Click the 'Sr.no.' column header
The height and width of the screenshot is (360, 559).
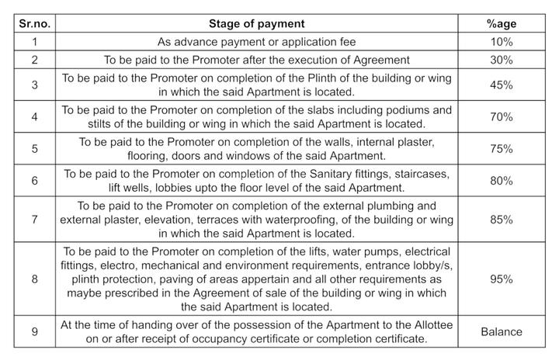(x=34, y=24)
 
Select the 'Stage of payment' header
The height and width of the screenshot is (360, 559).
(x=268, y=24)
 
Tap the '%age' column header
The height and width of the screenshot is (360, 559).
(x=502, y=24)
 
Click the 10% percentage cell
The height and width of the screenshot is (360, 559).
(x=502, y=42)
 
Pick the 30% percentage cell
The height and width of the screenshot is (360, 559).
(x=502, y=60)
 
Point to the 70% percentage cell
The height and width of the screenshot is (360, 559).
(x=502, y=116)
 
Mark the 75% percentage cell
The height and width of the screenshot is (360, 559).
(x=502, y=148)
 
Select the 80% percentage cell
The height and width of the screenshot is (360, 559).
(x=502, y=181)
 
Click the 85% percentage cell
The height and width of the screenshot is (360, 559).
(x=502, y=219)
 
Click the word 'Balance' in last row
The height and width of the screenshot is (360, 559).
(x=502, y=332)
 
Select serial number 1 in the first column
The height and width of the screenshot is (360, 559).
(x=34, y=42)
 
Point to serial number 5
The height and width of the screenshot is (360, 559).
(x=34, y=148)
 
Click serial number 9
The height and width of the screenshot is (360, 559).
(x=34, y=332)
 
